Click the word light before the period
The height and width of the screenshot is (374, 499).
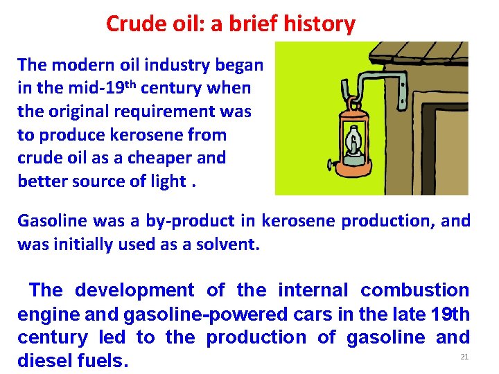click(x=168, y=181)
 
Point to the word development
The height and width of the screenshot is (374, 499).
click(x=134, y=290)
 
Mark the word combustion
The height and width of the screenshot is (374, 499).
click(x=414, y=290)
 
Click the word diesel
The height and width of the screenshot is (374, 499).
click(x=47, y=361)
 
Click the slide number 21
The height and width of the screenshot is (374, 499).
click(x=464, y=357)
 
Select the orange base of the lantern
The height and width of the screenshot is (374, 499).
click(x=353, y=166)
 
